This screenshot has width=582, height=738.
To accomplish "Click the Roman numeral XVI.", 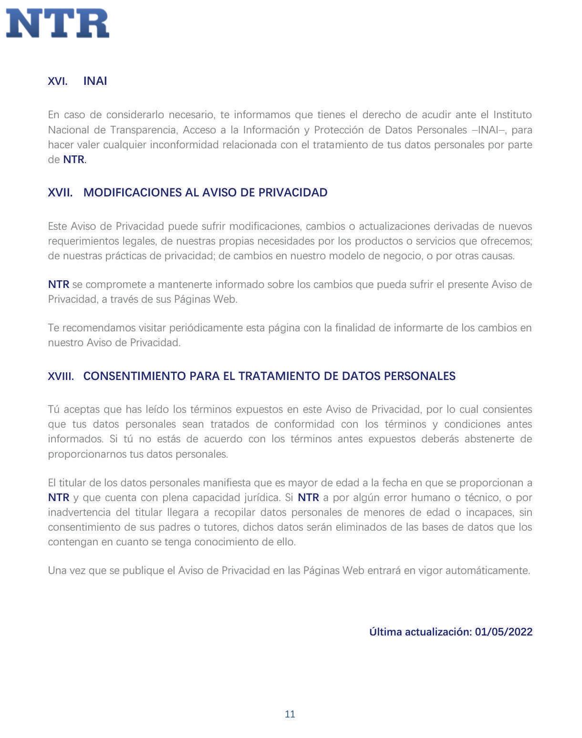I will click(x=57, y=81).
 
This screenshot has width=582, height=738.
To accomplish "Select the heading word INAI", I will click(x=95, y=81).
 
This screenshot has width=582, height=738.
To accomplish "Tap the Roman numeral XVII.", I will click(x=60, y=193).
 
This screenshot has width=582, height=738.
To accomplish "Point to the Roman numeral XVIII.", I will click(x=61, y=376).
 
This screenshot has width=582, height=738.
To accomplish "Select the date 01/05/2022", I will click(x=504, y=632).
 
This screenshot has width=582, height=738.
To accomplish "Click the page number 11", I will click(x=290, y=714).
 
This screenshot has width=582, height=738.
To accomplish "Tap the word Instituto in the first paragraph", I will click(x=512, y=115).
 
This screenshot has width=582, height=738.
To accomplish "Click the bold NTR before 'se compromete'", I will click(x=58, y=285).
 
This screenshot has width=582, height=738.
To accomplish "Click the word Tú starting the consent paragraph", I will click(x=54, y=410).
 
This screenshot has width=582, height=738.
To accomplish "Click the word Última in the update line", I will click(x=385, y=632).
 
